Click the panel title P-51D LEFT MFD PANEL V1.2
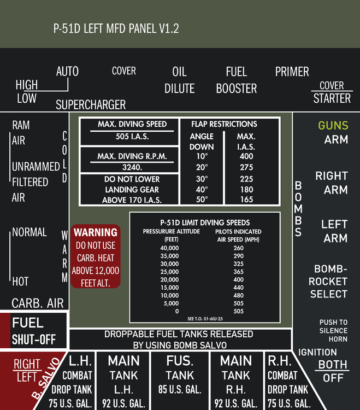click(116, 28)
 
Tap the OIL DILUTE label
click(179, 80)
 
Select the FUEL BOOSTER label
click(236, 80)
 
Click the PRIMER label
click(292, 72)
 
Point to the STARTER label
click(332, 98)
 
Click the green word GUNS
click(333, 126)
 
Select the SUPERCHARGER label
click(91, 104)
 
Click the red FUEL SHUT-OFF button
click(34, 331)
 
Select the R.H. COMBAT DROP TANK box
click(287, 382)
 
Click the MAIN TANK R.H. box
click(235, 382)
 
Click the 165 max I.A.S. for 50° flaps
click(246, 200)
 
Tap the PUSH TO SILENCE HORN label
click(333, 331)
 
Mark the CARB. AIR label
click(38, 303)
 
